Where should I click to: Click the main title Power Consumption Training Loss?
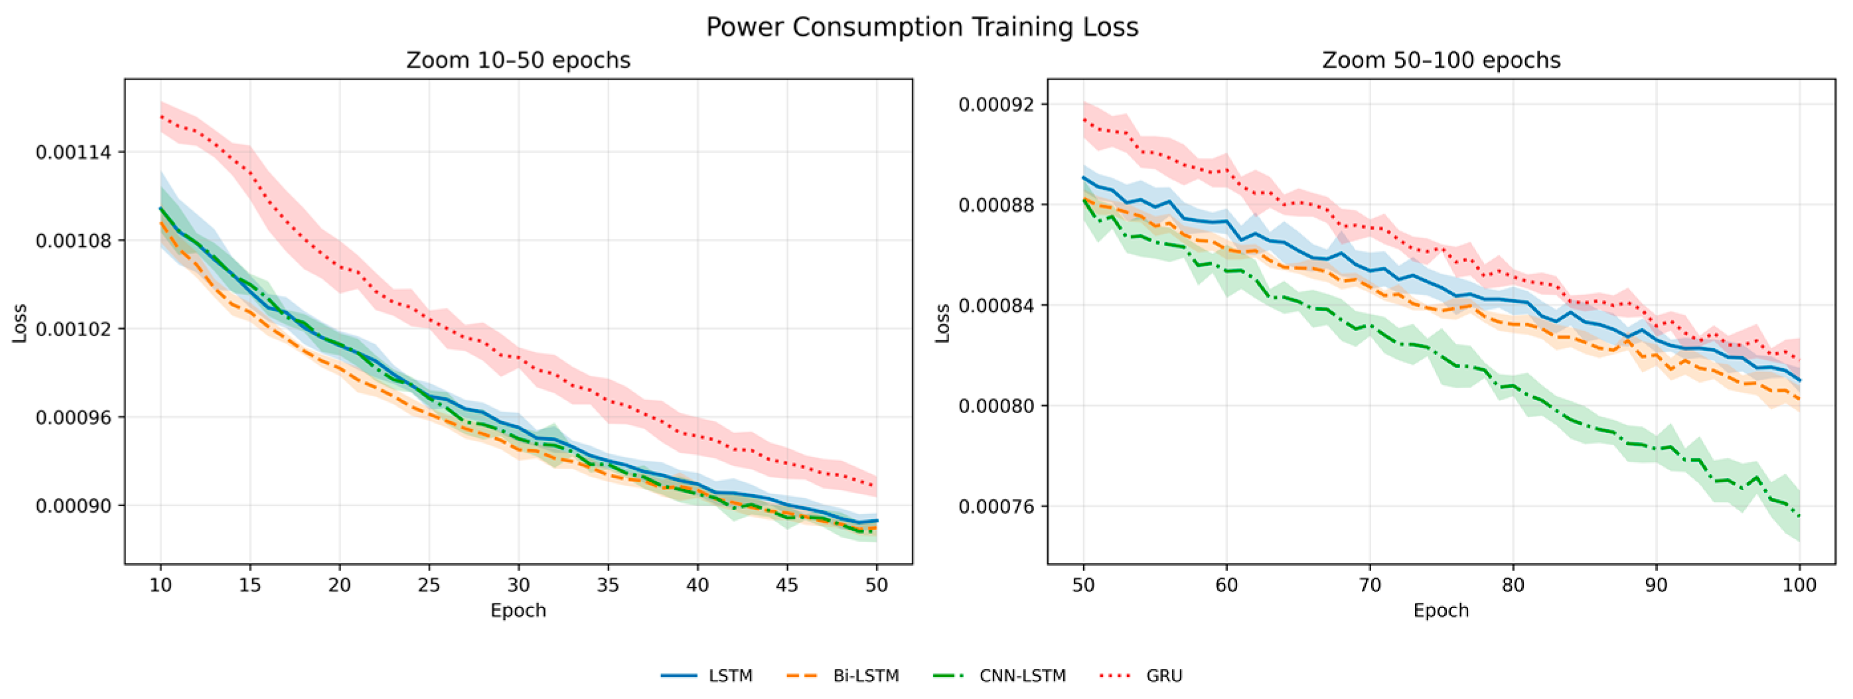click(921, 27)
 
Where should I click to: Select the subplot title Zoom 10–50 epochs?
click(518, 60)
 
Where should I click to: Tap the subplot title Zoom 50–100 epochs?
click(1441, 60)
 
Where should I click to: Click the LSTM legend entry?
click(706, 676)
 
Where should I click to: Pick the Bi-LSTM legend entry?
click(843, 676)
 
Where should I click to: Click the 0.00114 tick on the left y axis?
click(74, 153)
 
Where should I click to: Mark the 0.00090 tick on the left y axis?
click(74, 505)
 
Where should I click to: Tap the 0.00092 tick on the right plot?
click(997, 104)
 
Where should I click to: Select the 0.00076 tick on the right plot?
click(997, 506)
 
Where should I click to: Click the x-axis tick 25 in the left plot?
click(429, 585)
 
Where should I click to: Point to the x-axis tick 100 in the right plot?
click(1799, 585)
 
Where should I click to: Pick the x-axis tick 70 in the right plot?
click(1370, 585)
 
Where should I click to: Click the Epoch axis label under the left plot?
click(518, 611)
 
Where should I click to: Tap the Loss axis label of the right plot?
click(942, 323)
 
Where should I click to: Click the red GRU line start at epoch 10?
click(161, 116)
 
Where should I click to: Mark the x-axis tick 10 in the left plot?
click(161, 585)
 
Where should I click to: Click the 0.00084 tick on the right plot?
click(997, 306)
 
